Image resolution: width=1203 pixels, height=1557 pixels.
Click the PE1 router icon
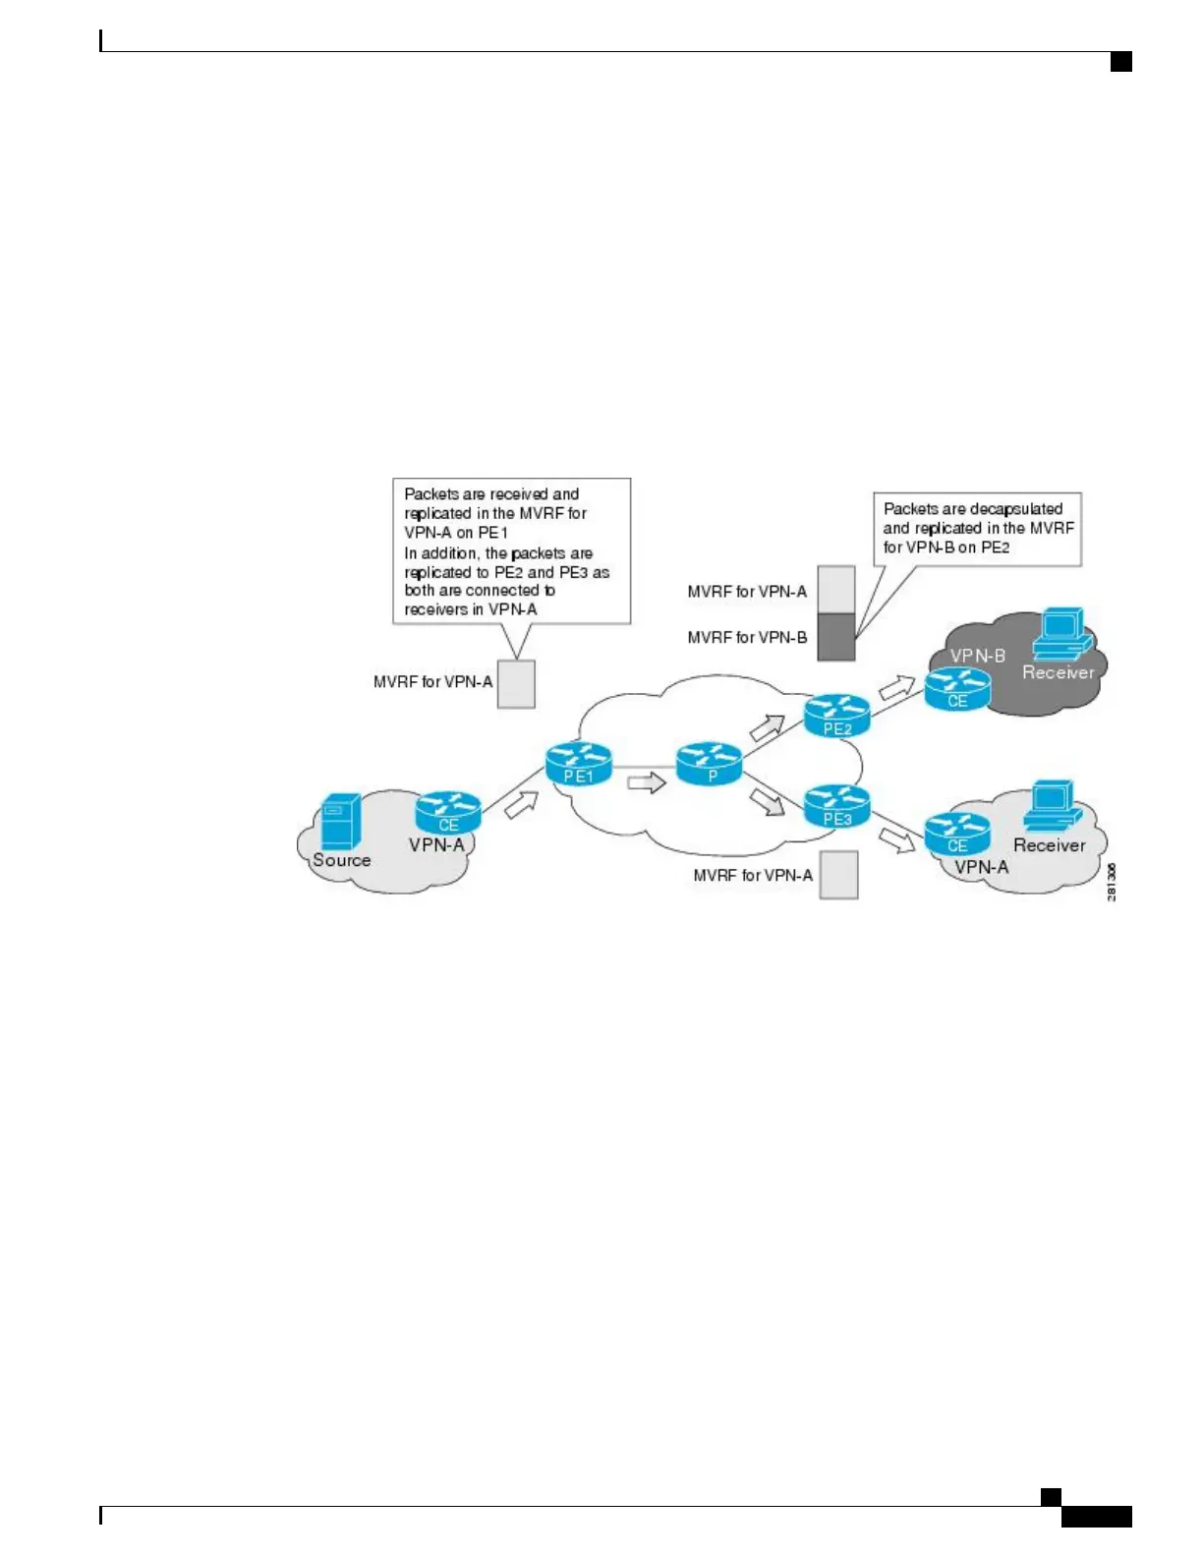click(578, 765)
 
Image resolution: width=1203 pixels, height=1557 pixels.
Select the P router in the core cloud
click(709, 764)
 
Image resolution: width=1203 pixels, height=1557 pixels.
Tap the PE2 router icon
click(837, 716)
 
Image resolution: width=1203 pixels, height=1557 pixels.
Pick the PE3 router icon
click(837, 806)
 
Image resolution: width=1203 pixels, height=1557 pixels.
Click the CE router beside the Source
click(448, 813)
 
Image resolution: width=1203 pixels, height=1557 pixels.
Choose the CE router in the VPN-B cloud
click(957, 689)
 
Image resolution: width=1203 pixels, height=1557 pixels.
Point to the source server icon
click(341, 820)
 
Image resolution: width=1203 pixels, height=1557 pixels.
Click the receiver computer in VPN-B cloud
click(1061, 633)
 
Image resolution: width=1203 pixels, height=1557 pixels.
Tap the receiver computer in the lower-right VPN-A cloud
click(1052, 806)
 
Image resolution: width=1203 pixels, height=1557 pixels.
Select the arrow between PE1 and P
click(646, 783)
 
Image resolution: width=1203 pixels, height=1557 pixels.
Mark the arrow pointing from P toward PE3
click(768, 802)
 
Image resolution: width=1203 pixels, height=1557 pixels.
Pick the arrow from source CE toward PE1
click(521, 805)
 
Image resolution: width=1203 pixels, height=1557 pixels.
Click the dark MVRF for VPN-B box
click(836, 637)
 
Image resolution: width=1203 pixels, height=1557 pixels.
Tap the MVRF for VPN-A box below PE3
click(838, 875)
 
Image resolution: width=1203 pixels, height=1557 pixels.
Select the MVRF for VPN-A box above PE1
click(516, 684)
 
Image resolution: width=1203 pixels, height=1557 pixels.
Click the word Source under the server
click(342, 860)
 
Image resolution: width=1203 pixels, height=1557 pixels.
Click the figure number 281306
click(1112, 882)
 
